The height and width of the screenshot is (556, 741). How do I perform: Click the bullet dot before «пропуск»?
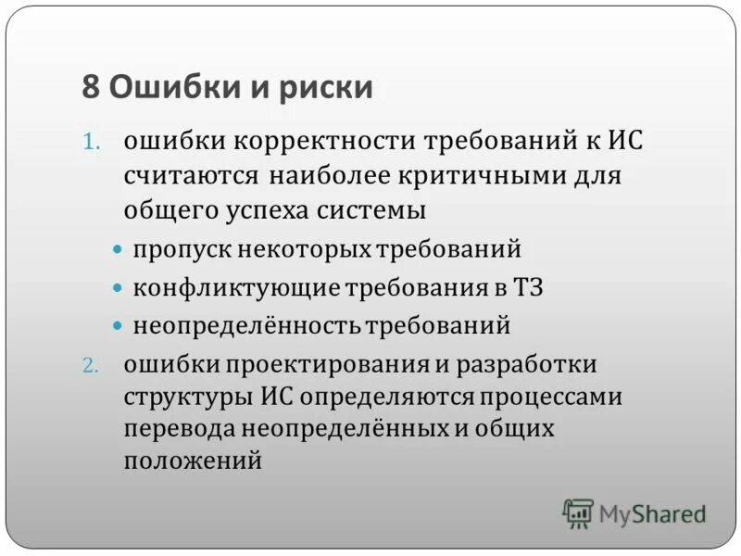pyautogui.click(x=117, y=250)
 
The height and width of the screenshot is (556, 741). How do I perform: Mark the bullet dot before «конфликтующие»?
pyautogui.click(x=117, y=288)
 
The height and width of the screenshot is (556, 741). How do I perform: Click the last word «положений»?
pyautogui.click(x=193, y=461)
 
